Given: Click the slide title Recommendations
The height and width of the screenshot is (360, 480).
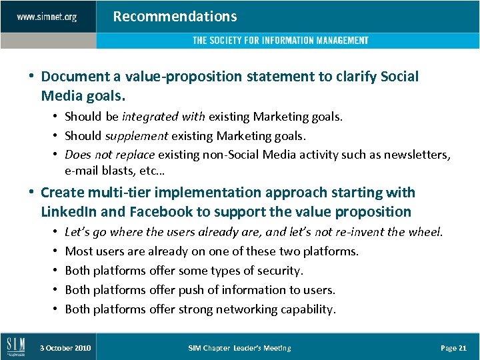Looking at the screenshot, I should pyautogui.click(x=175, y=17).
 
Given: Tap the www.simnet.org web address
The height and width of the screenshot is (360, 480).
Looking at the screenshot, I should pyautogui.click(x=47, y=17).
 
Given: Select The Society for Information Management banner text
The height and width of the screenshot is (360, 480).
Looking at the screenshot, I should pyautogui.click(x=280, y=41).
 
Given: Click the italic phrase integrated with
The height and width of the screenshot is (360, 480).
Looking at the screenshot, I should pyautogui.click(x=164, y=117).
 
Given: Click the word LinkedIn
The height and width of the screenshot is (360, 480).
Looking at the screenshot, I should pyautogui.click(x=69, y=212).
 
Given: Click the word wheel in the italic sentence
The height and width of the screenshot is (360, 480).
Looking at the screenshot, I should pyautogui.click(x=426, y=232).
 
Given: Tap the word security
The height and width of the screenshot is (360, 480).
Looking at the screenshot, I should pyautogui.click(x=277, y=271).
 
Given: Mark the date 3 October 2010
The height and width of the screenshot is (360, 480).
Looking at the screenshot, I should pyautogui.click(x=65, y=348).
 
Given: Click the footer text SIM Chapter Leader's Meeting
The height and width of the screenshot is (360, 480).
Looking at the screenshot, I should pyautogui.click(x=239, y=348).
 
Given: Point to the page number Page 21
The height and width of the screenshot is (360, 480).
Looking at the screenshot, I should pyautogui.click(x=453, y=348).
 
